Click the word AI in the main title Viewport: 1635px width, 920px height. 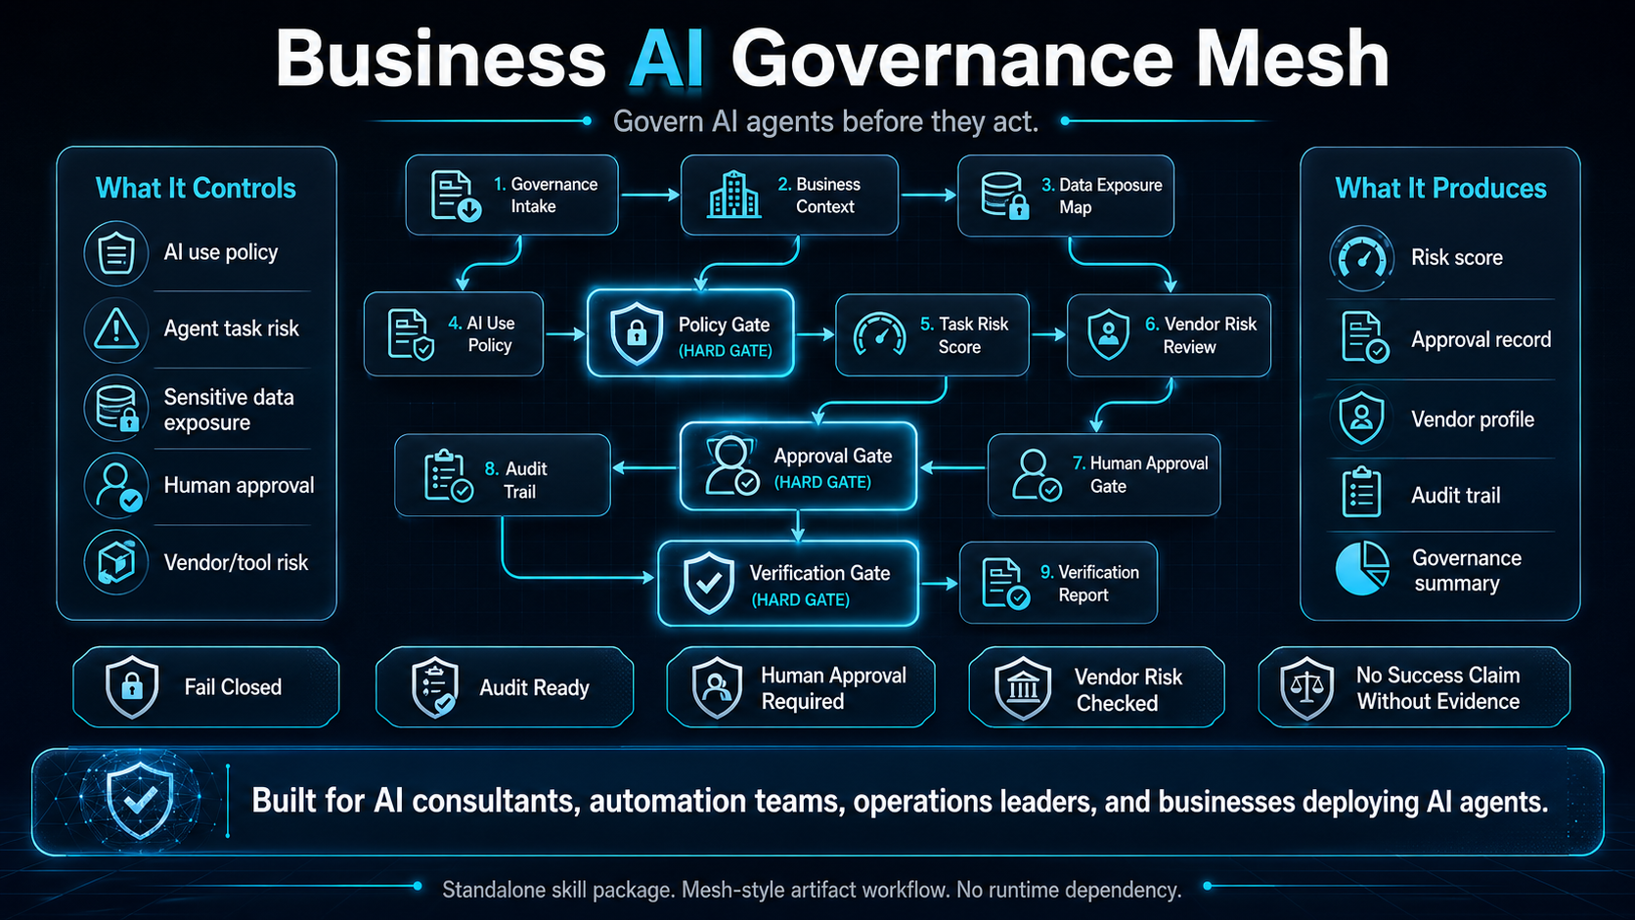pyautogui.click(x=667, y=59)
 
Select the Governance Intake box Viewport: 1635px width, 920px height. pyautogui.click(x=511, y=196)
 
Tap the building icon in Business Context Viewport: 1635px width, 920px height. pyautogui.click(x=734, y=195)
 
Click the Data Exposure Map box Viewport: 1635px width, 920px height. pyautogui.click(x=1065, y=196)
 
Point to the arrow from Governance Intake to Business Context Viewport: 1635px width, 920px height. pyautogui.click(x=649, y=196)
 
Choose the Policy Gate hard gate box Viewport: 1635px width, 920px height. pyautogui.click(x=690, y=334)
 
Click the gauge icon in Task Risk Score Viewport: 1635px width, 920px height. pyautogui.click(x=879, y=334)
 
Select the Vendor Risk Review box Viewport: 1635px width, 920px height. pyautogui.click(x=1169, y=335)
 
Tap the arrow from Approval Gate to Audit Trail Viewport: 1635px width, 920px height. pyautogui.click(x=645, y=468)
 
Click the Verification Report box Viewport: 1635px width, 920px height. pyautogui.click(x=1058, y=584)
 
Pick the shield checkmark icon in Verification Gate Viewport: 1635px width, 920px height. pyautogui.click(x=708, y=584)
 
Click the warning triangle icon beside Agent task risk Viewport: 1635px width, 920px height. pyautogui.click(x=116, y=329)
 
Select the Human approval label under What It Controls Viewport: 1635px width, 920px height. pyautogui.click(x=239, y=486)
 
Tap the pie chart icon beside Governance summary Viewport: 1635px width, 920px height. pyautogui.click(x=1362, y=568)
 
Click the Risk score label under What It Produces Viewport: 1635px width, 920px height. pyautogui.click(x=1456, y=258)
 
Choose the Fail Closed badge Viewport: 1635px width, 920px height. pyautogui.click(x=206, y=687)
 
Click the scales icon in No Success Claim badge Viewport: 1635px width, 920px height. pyautogui.click(x=1307, y=687)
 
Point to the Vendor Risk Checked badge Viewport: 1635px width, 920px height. pyautogui.click(x=1096, y=688)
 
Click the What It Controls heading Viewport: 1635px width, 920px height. pyautogui.click(x=196, y=188)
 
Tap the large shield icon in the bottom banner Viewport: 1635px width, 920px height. pyautogui.click(x=140, y=800)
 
